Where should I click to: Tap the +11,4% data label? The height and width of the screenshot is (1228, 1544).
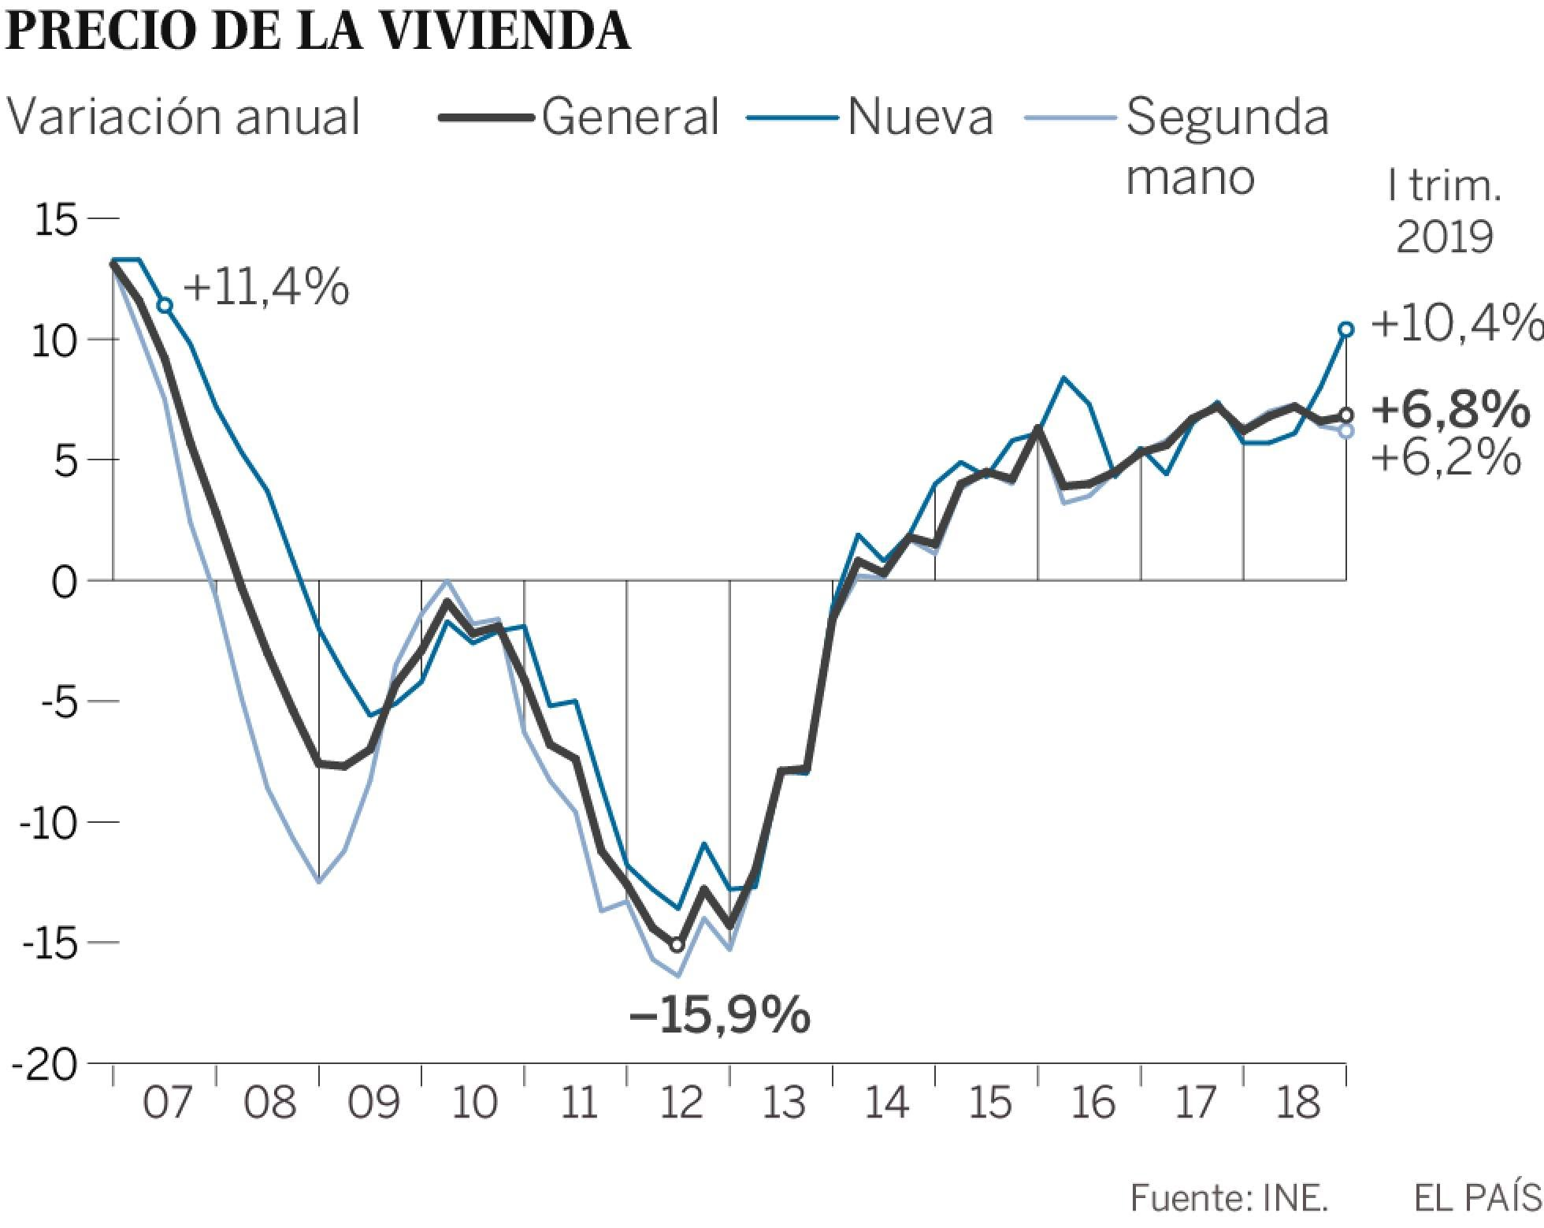[x=266, y=287]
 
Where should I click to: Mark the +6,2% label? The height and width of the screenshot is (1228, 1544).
[x=1446, y=457]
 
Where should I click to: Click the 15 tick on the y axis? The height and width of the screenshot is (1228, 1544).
[x=57, y=218]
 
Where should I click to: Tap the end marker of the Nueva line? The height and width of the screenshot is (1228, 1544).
[x=1346, y=329]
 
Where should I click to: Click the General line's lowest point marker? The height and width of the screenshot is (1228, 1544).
[x=677, y=945]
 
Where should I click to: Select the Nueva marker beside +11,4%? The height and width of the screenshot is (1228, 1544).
[x=165, y=306]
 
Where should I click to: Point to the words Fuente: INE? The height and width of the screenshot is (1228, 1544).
[x=1229, y=1199]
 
